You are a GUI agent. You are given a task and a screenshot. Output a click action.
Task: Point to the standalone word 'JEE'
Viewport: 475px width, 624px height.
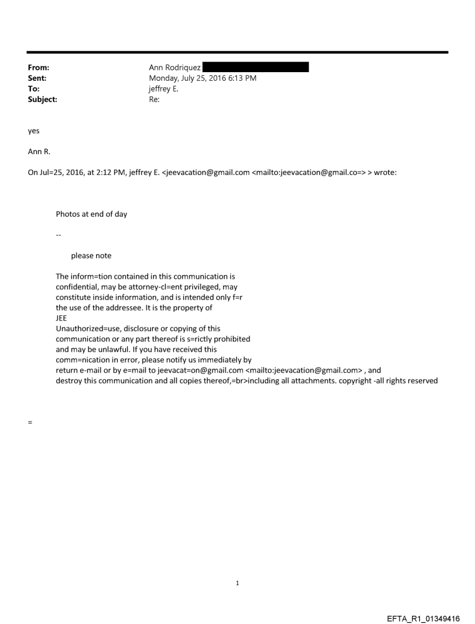[x=61, y=318]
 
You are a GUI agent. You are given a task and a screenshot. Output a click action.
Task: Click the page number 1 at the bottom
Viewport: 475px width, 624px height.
[x=238, y=583]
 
